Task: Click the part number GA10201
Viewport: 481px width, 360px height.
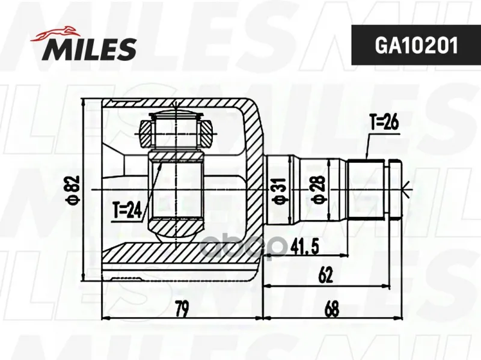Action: click(x=416, y=46)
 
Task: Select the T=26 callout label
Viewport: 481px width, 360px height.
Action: click(x=384, y=123)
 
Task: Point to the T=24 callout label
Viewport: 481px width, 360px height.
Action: click(x=127, y=211)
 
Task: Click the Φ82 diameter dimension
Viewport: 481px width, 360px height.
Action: click(x=74, y=190)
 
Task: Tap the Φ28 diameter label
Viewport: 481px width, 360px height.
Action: click(x=318, y=189)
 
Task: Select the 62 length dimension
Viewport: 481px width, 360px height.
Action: click(x=325, y=275)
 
